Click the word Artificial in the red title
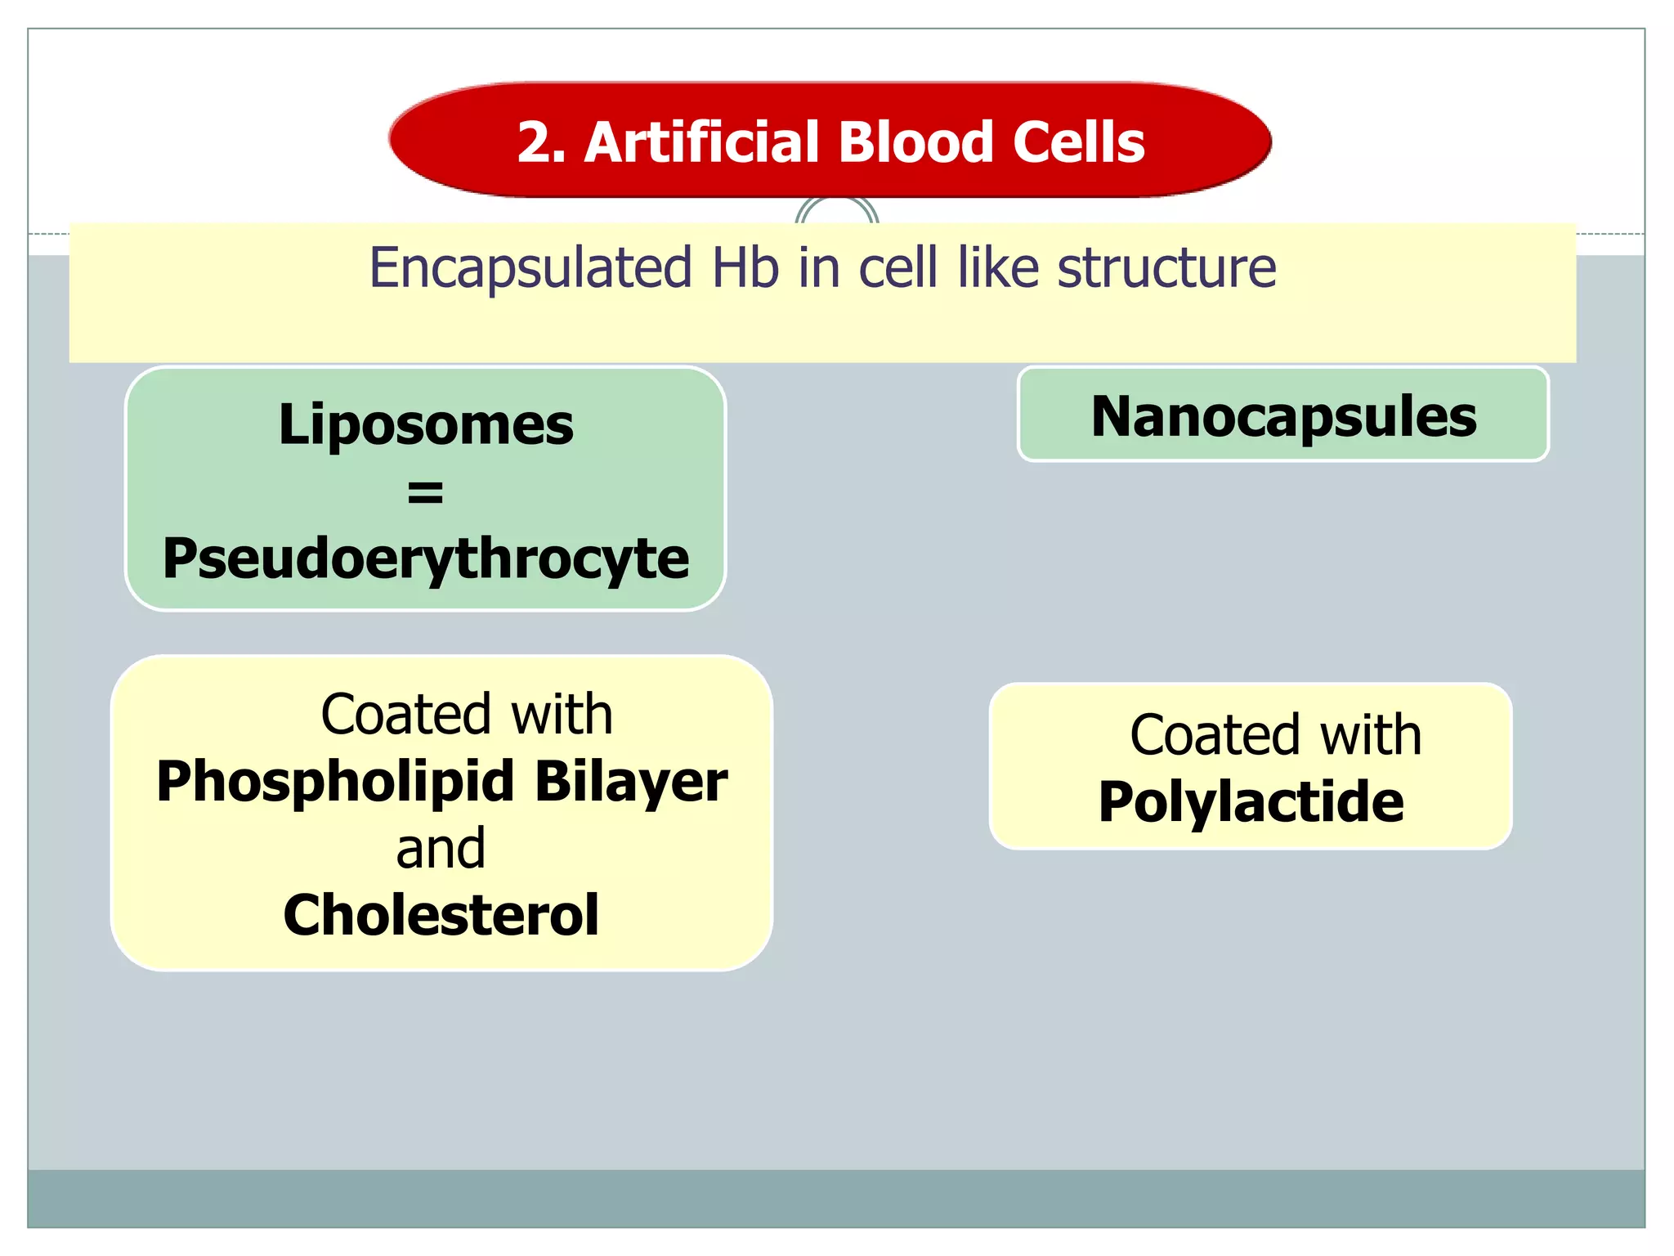click(x=704, y=142)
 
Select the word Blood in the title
click(x=917, y=142)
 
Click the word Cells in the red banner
click(x=1079, y=142)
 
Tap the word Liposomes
click(x=426, y=425)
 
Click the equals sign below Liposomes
click(x=425, y=492)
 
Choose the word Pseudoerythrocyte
click(x=426, y=559)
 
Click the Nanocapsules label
click(x=1283, y=417)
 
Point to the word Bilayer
click(x=631, y=782)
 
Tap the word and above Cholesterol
click(x=441, y=849)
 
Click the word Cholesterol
click(x=441, y=915)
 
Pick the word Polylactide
click(x=1251, y=802)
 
